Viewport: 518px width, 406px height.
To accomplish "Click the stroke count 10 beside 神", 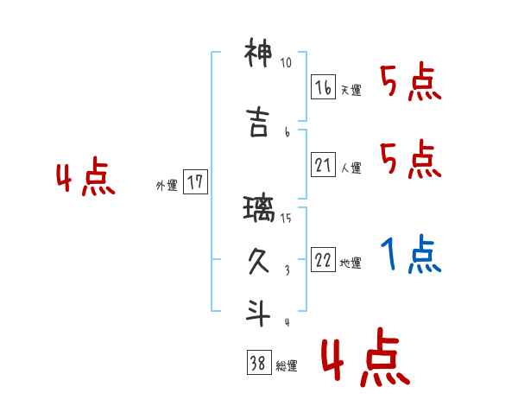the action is (x=287, y=63).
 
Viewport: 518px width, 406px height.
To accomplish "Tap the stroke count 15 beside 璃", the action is (x=287, y=218).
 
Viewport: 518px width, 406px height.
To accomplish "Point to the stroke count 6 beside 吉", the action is (x=287, y=131).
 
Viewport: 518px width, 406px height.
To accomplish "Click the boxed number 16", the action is (x=323, y=88).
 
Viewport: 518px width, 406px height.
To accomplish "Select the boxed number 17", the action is (x=195, y=182).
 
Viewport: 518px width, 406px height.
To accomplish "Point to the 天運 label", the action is (x=351, y=91).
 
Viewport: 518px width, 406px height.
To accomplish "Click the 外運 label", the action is (x=167, y=185).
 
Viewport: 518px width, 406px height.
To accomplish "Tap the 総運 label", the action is (x=287, y=366).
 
